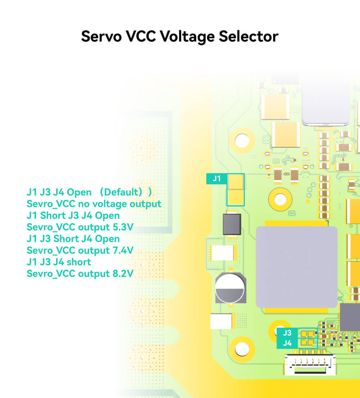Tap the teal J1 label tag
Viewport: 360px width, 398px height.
[x=216, y=178]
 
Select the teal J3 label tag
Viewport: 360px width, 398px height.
[x=287, y=333]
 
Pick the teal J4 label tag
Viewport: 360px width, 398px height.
[x=287, y=343]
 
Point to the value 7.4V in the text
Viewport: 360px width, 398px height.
[x=121, y=250]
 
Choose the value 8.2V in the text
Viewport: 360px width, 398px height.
[x=121, y=273]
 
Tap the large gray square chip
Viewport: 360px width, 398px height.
[x=296, y=267]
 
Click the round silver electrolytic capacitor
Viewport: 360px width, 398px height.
[x=230, y=288]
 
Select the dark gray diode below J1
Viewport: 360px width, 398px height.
[x=232, y=224]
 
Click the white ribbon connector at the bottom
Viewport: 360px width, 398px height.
[x=310, y=364]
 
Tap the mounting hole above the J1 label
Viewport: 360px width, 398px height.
[x=242, y=140]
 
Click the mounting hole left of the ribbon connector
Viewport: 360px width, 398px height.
[x=242, y=348]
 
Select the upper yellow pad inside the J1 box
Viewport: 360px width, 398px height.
[x=236, y=182]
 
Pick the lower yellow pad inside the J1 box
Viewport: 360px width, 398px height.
[x=236, y=197]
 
